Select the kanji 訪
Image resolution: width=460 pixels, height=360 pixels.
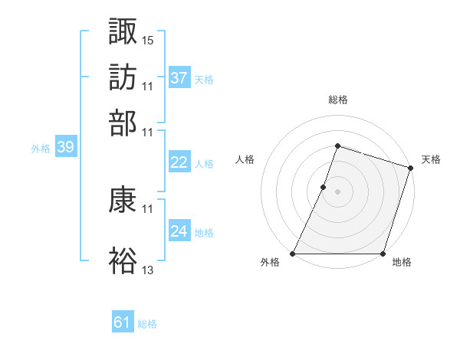tap(123, 77)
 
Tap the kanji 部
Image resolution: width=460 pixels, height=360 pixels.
tap(123, 123)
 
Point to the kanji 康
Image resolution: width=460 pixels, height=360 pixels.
tap(123, 201)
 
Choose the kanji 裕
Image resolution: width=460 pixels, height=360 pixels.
tap(123, 261)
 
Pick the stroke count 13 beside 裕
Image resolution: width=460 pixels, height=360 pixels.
tap(148, 270)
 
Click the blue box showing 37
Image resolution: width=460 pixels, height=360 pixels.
tap(179, 78)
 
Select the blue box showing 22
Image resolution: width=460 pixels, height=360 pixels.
tap(179, 162)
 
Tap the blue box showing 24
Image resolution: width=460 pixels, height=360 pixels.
tap(179, 231)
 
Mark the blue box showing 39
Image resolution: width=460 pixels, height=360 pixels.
tap(65, 148)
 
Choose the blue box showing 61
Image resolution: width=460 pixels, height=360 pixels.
tap(123, 323)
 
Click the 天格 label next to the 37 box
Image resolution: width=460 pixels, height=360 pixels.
tap(204, 80)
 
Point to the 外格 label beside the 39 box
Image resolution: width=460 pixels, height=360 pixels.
tap(41, 149)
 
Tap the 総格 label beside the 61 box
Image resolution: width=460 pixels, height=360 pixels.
tap(147, 324)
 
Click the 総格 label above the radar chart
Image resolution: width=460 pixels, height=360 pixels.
tap(338, 100)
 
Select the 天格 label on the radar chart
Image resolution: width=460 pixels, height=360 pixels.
tap(431, 159)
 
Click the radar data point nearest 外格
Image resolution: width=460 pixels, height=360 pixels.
tap(293, 254)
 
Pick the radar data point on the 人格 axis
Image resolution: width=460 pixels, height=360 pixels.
tap(324, 187)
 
